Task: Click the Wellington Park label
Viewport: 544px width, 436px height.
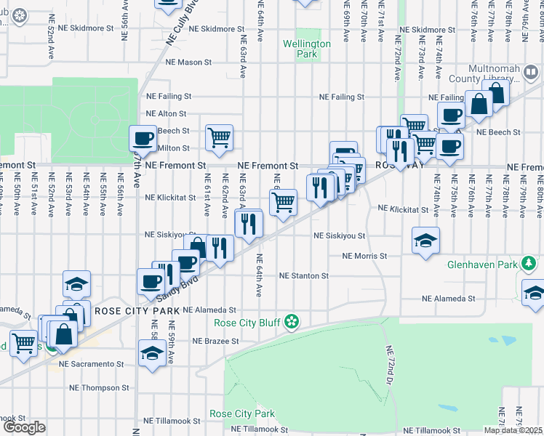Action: [x=307, y=49]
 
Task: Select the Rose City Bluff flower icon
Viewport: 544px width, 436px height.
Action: [x=292, y=321]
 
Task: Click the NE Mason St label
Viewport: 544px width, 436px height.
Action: [x=188, y=62]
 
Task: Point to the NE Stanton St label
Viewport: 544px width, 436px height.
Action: [x=304, y=276]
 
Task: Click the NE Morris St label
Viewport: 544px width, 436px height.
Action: [x=364, y=256]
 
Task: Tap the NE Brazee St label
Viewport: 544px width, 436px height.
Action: [x=215, y=340]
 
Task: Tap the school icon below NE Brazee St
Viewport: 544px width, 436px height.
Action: [x=151, y=353]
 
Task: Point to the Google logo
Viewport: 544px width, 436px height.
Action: [x=24, y=427]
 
